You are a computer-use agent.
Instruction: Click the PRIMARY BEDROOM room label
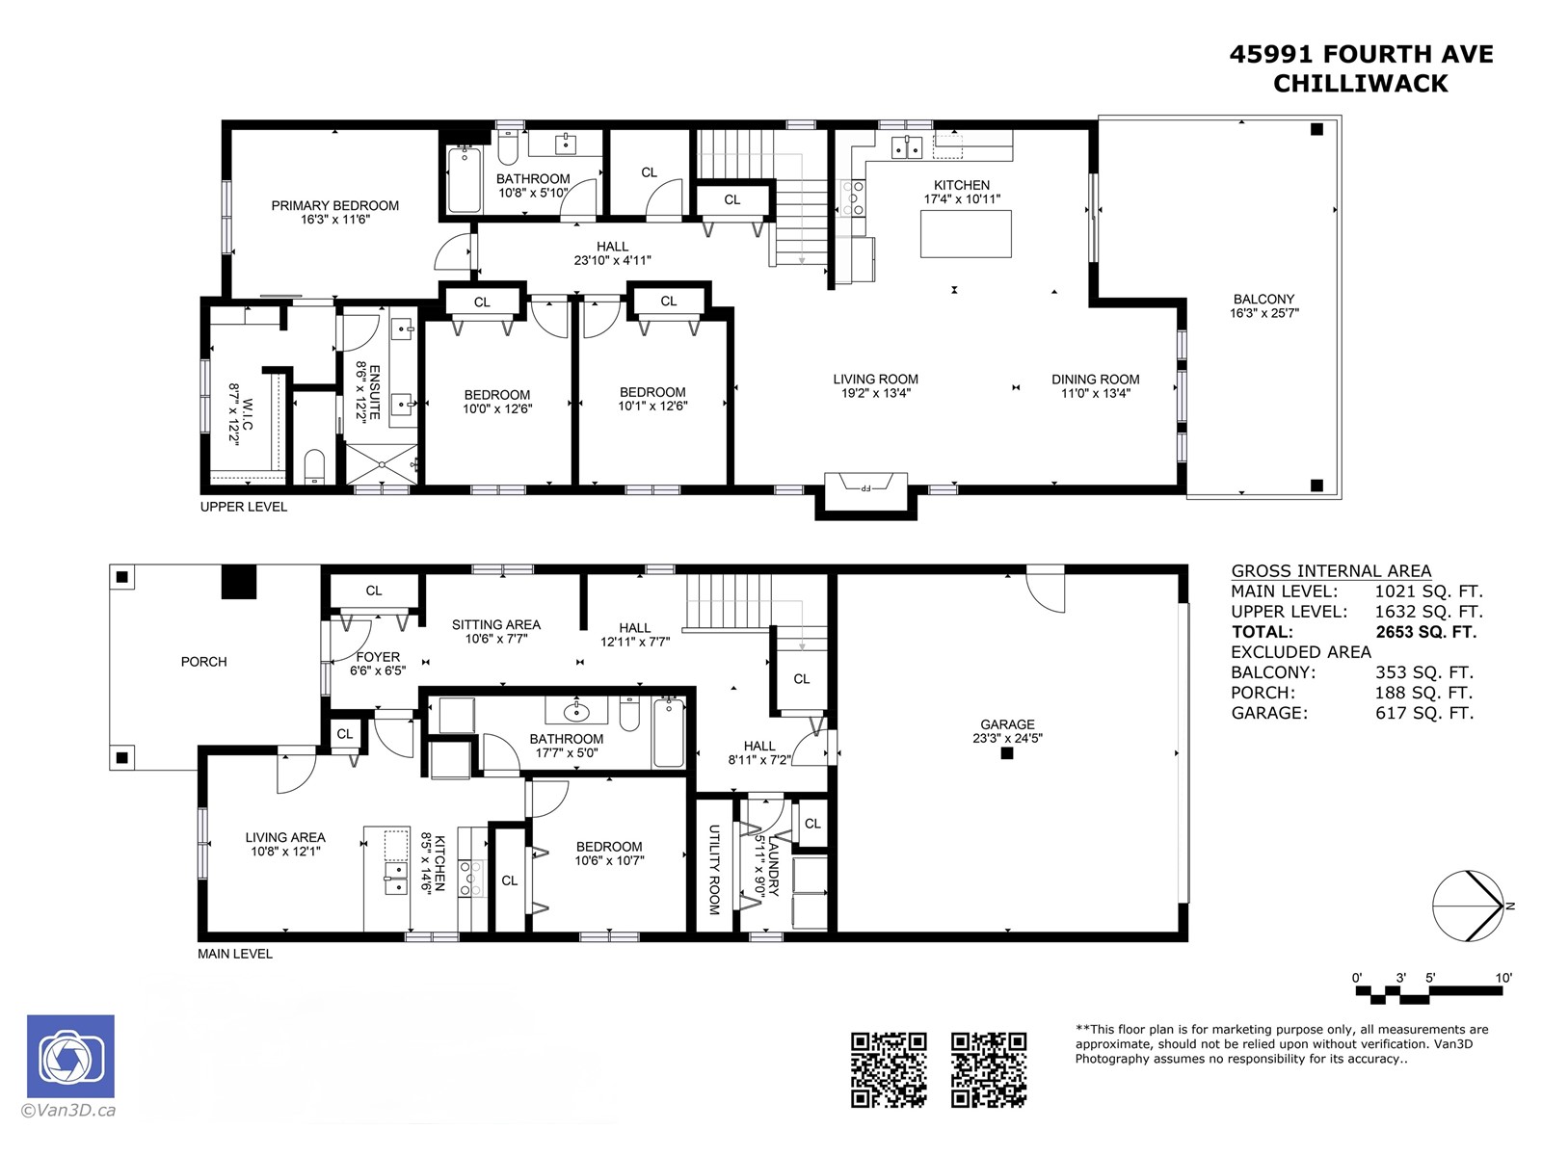point(335,205)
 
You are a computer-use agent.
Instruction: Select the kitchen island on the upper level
point(966,234)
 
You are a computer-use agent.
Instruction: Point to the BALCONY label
point(1263,299)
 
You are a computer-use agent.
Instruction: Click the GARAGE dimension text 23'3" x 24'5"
point(1007,738)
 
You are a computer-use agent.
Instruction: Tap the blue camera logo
point(71,1057)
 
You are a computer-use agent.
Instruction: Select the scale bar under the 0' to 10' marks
point(1432,993)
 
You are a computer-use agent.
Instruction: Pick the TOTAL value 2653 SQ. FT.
point(1426,632)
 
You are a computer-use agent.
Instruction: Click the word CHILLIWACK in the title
point(1360,84)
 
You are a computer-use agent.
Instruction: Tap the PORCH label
point(203,662)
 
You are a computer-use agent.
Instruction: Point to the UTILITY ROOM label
point(714,870)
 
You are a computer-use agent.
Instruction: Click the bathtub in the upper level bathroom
point(465,179)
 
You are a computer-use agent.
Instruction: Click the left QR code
point(889,1070)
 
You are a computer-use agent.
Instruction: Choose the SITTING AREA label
point(496,624)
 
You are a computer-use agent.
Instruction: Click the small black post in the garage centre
point(1007,753)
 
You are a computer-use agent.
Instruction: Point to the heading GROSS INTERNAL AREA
point(1331,570)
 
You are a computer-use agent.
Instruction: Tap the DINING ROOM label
point(1095,380)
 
